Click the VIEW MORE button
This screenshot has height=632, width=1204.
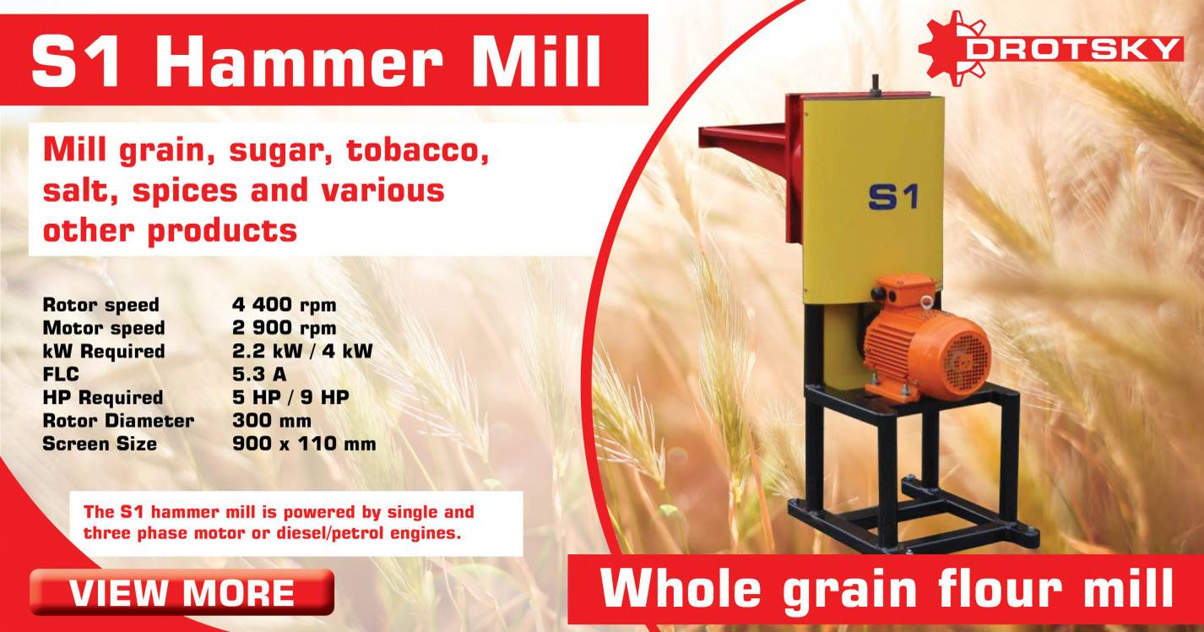[x=182, y=592]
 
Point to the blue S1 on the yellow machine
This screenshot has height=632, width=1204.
[x=892, y=196]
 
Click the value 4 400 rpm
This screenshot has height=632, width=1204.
[x=284, y=304]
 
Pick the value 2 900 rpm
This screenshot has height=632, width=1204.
[x=284, y=328]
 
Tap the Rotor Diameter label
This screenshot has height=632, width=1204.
[x=118, y=420]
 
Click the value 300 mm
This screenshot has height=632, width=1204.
[x=271, y=420]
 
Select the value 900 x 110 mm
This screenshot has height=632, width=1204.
[x=303, y=444]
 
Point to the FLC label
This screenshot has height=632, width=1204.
[x=60, y=374]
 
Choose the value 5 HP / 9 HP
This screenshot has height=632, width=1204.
[x=290, y=397]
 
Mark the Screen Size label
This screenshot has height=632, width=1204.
[x=100, y=444]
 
